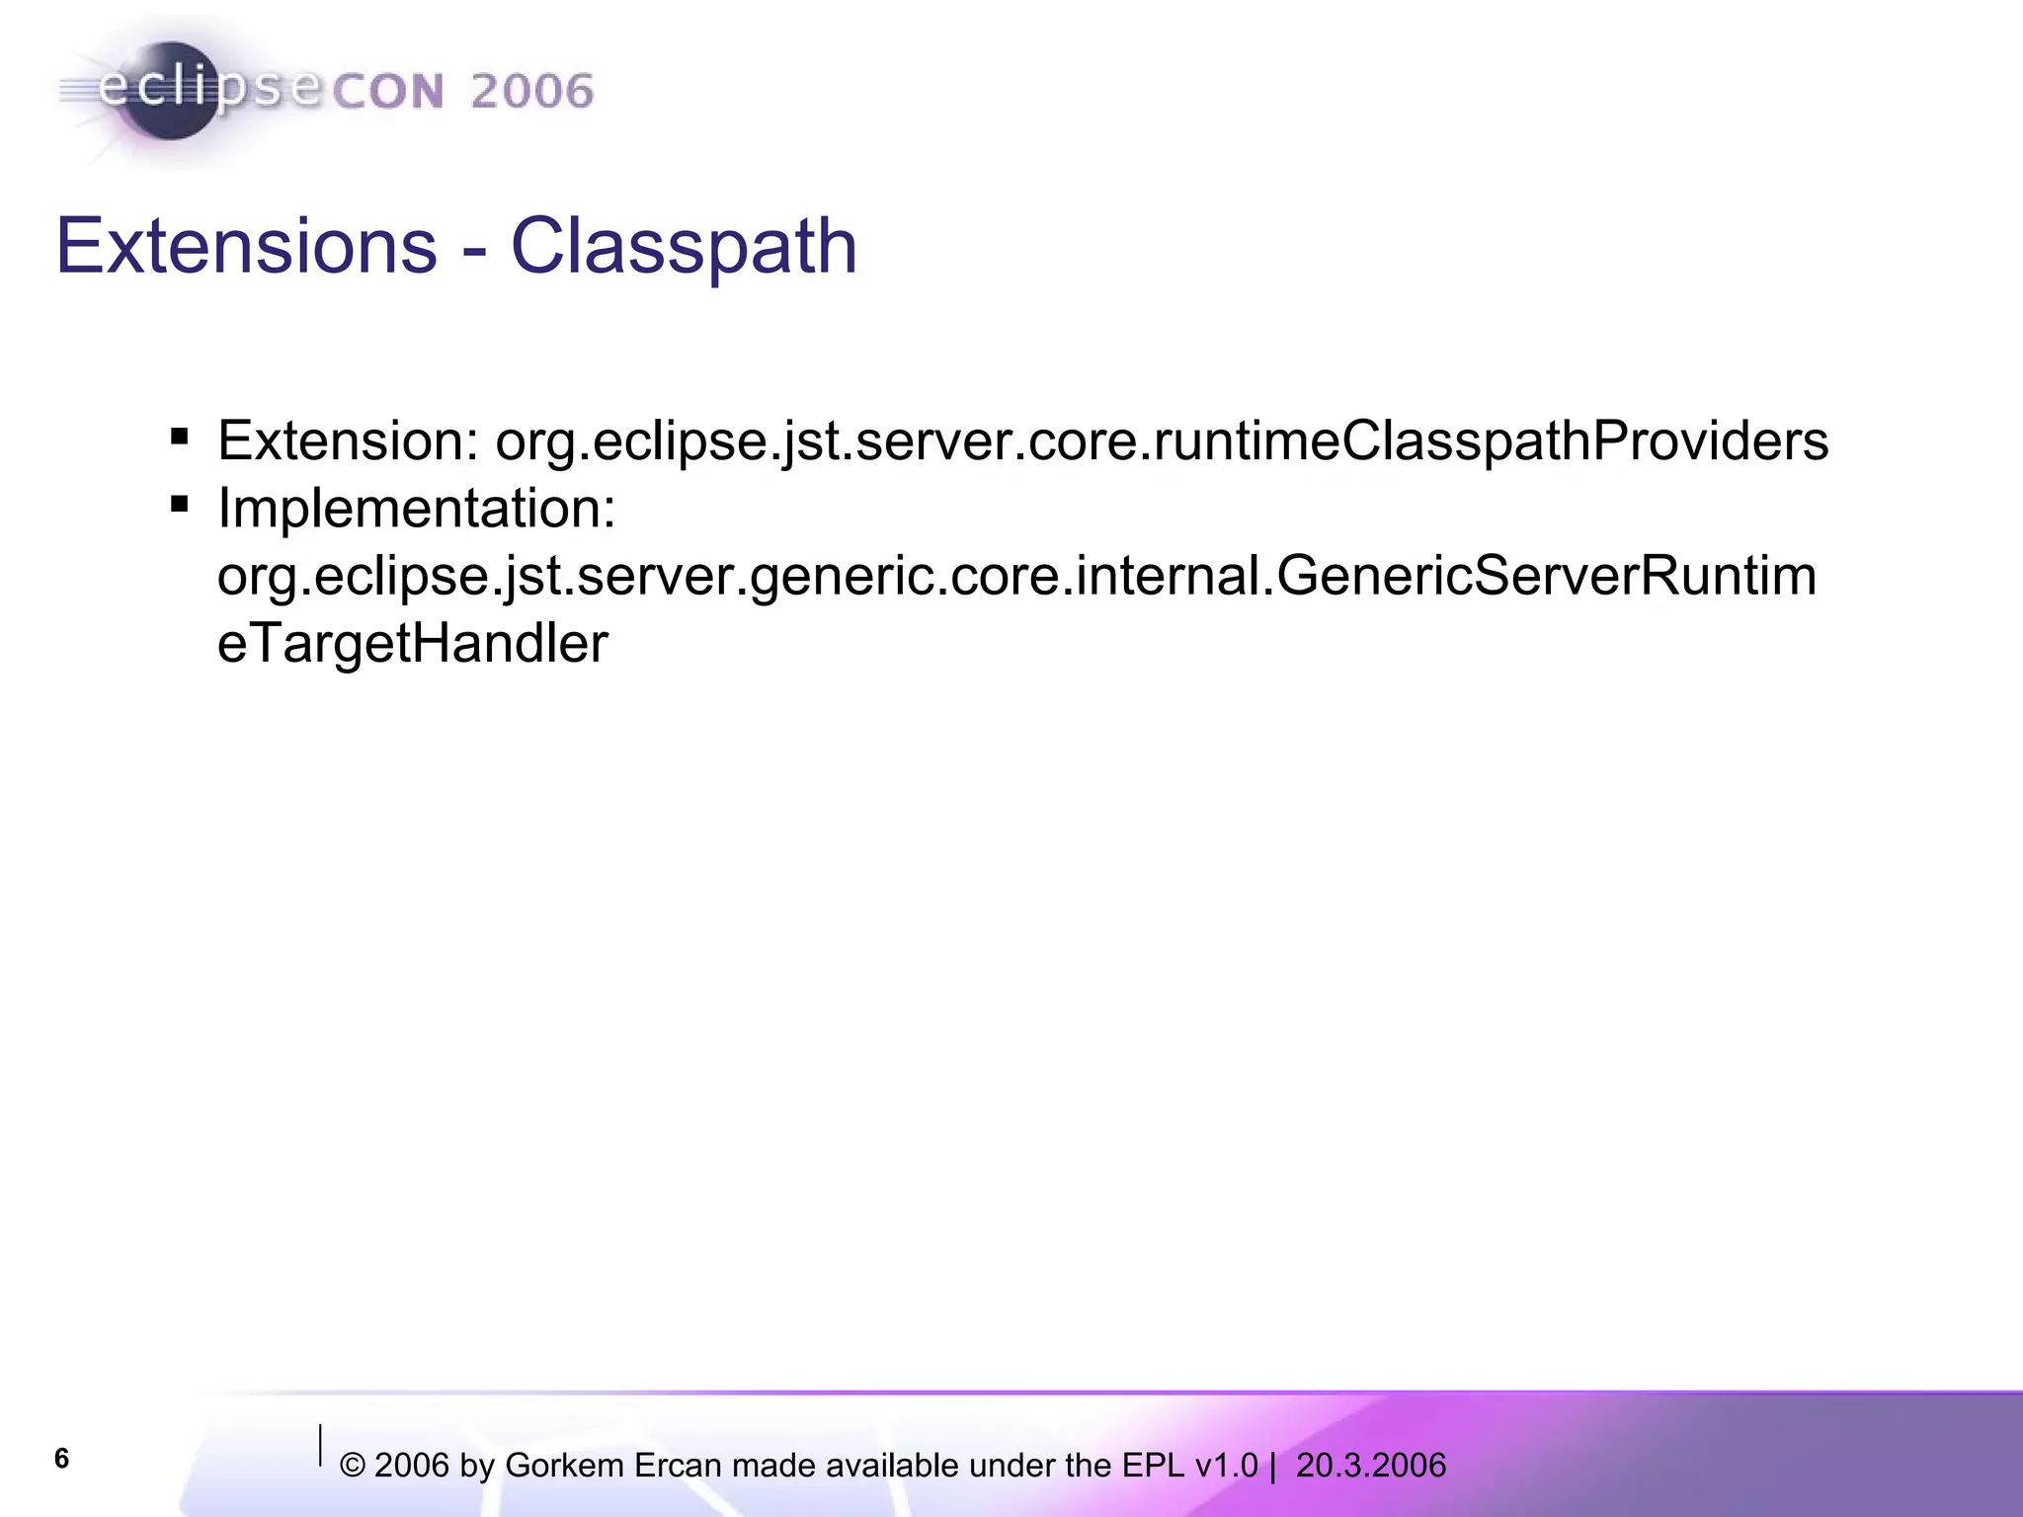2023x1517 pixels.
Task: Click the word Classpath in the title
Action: click(x=684, y=247)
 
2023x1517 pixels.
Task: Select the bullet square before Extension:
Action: click(x=179, y=437)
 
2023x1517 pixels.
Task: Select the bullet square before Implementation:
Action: click(x=179, y=505)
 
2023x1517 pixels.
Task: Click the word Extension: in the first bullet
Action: click(x=348, y=440)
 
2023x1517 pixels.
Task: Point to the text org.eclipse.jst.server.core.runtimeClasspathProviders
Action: click(x=1162, y=440)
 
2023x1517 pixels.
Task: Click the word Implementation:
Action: click(x=417, y=509)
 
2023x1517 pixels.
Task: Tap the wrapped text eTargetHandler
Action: click(x=412, y=644)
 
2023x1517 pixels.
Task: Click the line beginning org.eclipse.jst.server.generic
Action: click(x=1016, y=576)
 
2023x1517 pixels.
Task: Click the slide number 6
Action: click(x=61, y=1458)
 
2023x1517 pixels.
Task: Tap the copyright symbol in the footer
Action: click(x=353, y=1467)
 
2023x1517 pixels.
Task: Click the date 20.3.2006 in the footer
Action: click(x=1371, y=1466)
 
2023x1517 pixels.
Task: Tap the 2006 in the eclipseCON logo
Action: click(x=531, y=92)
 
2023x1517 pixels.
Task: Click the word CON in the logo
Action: click(x=388, y=93)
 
